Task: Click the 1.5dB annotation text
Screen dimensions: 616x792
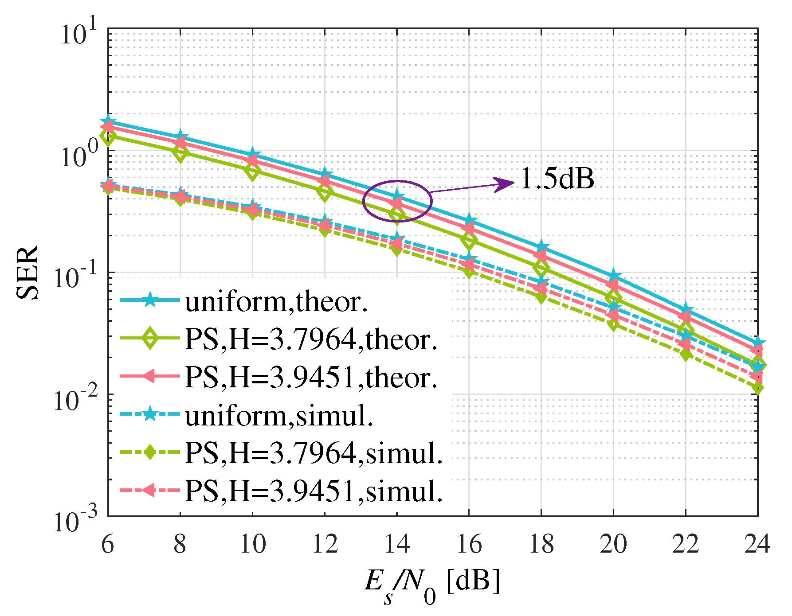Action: pos(557,179)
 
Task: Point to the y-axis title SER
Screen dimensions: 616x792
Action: pos(27,272)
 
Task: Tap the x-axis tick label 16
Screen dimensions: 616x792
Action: pos(469,544)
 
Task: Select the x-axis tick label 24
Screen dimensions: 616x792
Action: pos(757,544)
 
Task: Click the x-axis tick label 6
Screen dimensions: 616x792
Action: pos(108,544)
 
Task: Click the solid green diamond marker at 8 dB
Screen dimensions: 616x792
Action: pos(180,153)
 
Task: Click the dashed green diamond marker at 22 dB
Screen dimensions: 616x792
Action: pos(686,355)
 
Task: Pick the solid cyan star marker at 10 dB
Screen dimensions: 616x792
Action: pos(252,155)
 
